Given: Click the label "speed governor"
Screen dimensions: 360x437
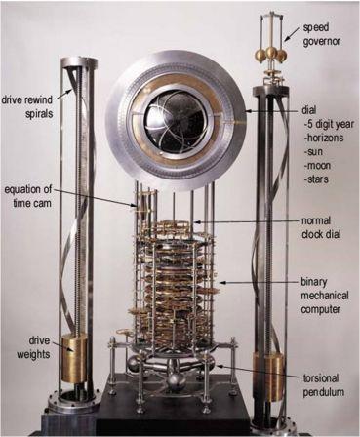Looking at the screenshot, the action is (321, 34).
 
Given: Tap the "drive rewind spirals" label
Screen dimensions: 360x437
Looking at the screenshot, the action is (27, 106).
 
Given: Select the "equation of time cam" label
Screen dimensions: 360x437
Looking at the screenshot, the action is (28, 196).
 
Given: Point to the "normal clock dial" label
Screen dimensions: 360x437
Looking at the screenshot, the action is (321, 227).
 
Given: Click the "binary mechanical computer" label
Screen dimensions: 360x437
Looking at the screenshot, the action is (325, 296).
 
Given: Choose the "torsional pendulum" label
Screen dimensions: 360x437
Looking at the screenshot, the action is (324, 385).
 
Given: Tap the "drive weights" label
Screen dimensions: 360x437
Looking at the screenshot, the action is (33, 347).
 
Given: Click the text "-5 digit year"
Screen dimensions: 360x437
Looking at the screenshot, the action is (329, 124).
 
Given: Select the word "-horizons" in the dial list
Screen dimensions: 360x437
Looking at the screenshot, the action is (323, 138).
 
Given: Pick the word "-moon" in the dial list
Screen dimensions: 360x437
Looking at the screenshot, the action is (317, 165).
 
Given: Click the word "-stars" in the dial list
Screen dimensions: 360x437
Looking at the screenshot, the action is (315, 179).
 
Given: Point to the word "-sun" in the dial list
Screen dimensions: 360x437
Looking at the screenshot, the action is (312, 151).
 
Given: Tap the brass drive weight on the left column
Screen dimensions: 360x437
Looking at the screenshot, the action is (74, 358).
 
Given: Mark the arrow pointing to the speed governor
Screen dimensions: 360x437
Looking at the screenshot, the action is (292, 34).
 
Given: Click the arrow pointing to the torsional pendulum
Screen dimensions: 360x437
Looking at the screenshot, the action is (260, 372).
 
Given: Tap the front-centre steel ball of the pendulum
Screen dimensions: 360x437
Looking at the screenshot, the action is (177, 380).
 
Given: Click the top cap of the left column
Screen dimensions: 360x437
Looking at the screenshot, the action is (78, 61).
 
